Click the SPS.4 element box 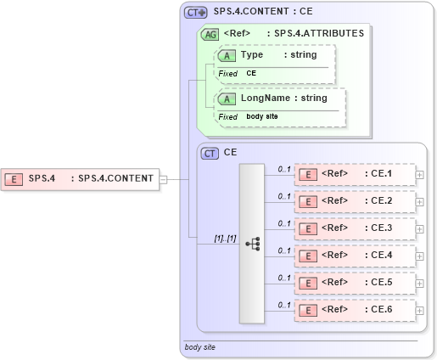[x=81, y=178]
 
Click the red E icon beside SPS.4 [x=14, y=178]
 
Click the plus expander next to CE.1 [x=420, y=175]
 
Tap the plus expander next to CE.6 [x=420, y=310]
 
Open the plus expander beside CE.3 [x=420, y=229]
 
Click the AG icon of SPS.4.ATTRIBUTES [x=209, y=34]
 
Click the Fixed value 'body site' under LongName [x=262, y=116]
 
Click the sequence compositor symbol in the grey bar [x=252, y=243]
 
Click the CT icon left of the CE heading [x=209, y=153]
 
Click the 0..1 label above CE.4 [x=284, y=250]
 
